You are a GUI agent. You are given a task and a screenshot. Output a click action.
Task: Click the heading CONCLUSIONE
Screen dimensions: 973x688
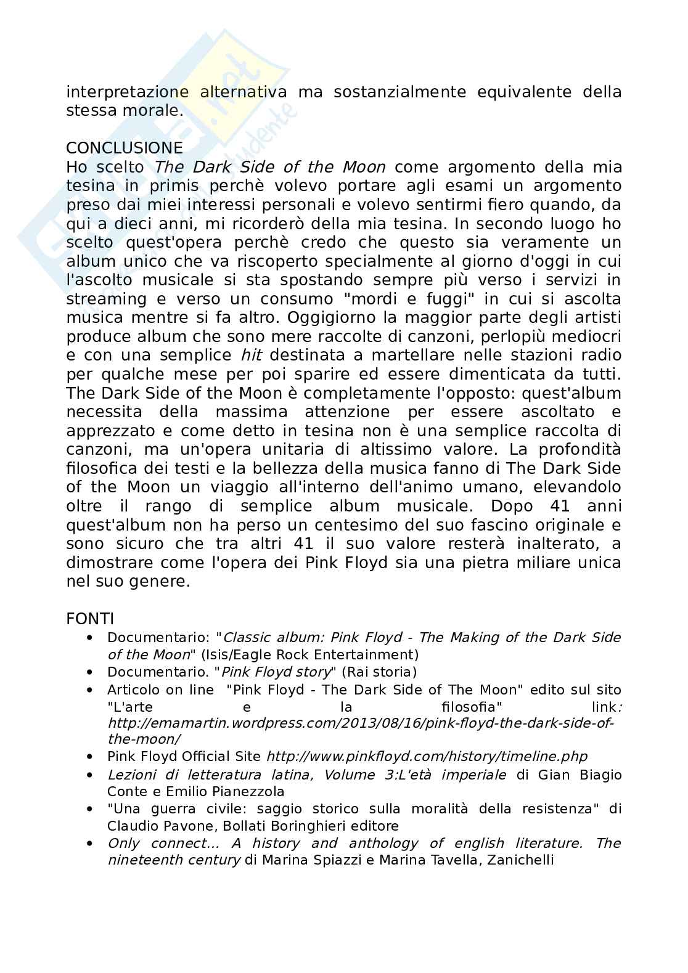125,149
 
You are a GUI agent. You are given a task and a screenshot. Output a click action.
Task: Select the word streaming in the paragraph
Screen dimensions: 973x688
107,299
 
